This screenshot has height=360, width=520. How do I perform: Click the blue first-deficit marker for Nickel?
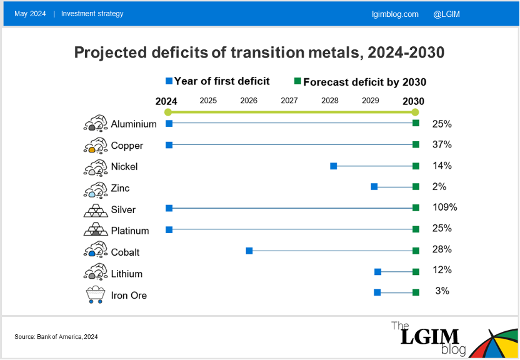tap(334, 166)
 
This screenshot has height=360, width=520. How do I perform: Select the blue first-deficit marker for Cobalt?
tap(249, 251)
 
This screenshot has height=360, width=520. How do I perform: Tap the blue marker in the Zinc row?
tap(374, 186)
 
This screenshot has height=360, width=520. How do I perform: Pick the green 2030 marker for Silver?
tap(416, 208)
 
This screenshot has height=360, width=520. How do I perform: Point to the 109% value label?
tap(444, 207)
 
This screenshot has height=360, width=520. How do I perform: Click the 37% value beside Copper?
tap(442, 145)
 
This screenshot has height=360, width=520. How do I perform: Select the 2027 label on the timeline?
tap(289, 101)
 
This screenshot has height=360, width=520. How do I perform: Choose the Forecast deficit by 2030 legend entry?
tap(361, 82)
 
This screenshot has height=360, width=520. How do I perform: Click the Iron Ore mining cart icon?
tap(95, 295)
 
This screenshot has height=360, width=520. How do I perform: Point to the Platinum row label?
tap(130, 231)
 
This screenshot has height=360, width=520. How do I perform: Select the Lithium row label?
tap(127, 274)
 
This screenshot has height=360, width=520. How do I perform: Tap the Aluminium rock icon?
tap(96, 124)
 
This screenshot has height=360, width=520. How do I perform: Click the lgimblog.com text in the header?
tap(394, 14)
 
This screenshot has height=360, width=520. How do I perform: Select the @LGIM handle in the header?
tap(446, 14)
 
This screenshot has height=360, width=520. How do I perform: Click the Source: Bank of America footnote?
tap(56, 337)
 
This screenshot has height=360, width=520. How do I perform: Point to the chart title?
tap(259, 52)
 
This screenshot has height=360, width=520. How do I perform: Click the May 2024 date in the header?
tap(30, 14)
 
